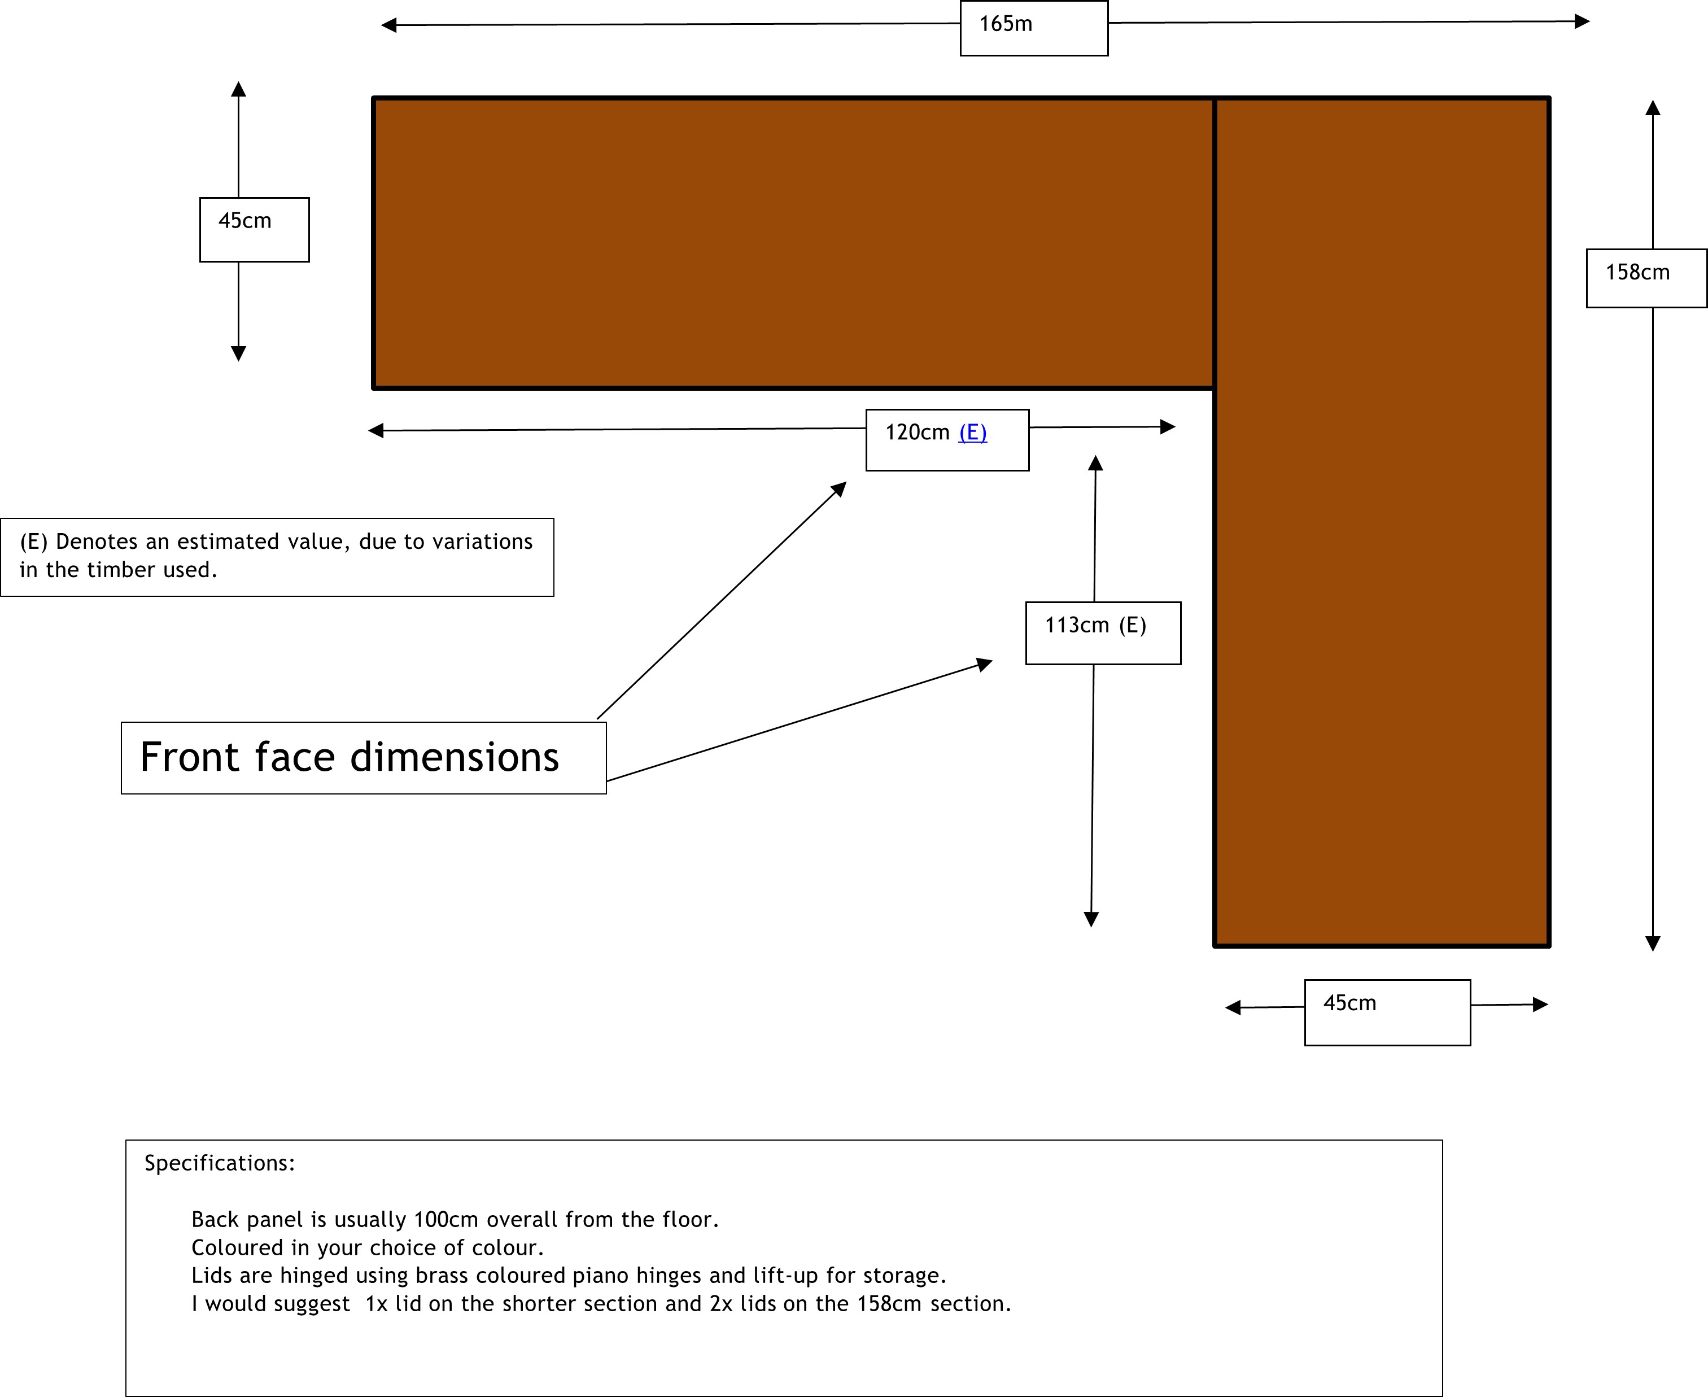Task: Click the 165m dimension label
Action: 1005,24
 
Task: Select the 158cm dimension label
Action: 1637,273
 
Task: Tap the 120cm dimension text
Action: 917,433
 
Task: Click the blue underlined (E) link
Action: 973,433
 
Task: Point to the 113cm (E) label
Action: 1095,625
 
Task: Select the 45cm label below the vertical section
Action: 1349,1003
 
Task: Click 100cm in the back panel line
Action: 447,1220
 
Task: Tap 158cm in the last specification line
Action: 888,1304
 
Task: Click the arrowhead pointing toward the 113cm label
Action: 985,664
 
